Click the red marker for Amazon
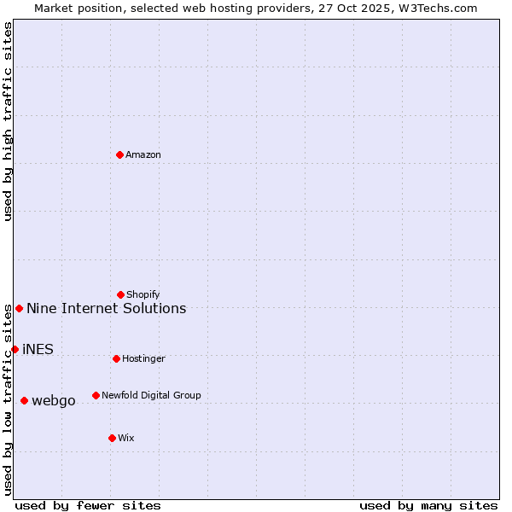pos(120,154)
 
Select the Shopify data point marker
pos(121,294)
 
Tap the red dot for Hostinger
pos(117,358)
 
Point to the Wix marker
pos(112,438)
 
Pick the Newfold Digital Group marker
pos(96,395)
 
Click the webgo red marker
pos(24,400)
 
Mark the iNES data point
pos(15,349)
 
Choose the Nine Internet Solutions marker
pos(19,308)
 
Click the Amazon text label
pos(143,154)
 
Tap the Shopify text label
pos(143,294)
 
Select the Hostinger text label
pos(143,358)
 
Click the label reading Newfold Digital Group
pos(151,395)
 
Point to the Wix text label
pos(126,438)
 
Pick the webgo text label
pos(54,401)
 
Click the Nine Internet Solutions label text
pos(107,308)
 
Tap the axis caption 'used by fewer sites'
pos(88,505)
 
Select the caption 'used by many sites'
pos(428,505)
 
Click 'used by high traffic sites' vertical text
pos(8,121)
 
